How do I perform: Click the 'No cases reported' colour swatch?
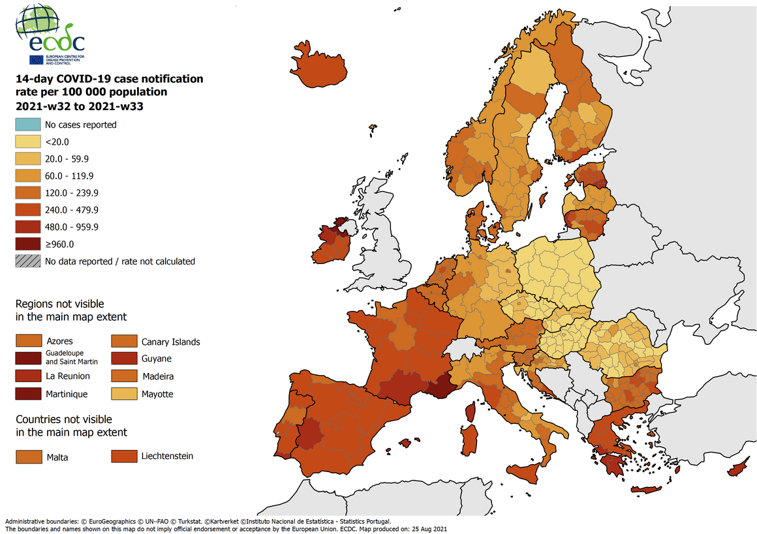click(27, 125)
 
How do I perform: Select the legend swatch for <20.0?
click(27, 141)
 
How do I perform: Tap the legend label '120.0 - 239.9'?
click(71, 193)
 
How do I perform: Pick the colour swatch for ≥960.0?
click(27, 245)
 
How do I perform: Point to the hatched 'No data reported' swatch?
click(27, 261)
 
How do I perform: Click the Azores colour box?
click(28, 341)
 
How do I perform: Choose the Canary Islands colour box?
click(123, 342)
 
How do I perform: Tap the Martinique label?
click(67, 394)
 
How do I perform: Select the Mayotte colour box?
click(123, 394)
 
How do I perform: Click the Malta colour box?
click(28, 457)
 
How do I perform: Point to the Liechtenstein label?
click(167, 456)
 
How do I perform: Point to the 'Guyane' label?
click(157, 359)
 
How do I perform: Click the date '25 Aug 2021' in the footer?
click(427, 529)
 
